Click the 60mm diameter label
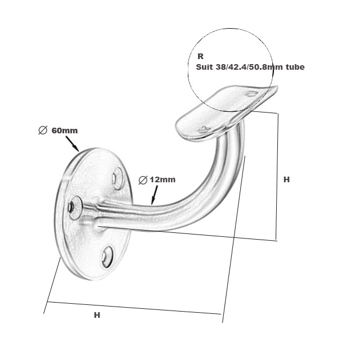coord(64,130)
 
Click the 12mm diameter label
coord(163,179)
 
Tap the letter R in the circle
coord(200,57)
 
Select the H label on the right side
coord(286,179)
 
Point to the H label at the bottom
coord(97,316)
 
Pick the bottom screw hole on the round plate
coord(106,257)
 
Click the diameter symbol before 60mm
coord(42,130)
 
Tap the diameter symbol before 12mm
coord(143,180)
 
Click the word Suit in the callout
coord(204,67)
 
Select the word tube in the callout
coord(294,67)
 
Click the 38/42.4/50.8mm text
coord(249,67)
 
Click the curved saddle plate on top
coord(225,110)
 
